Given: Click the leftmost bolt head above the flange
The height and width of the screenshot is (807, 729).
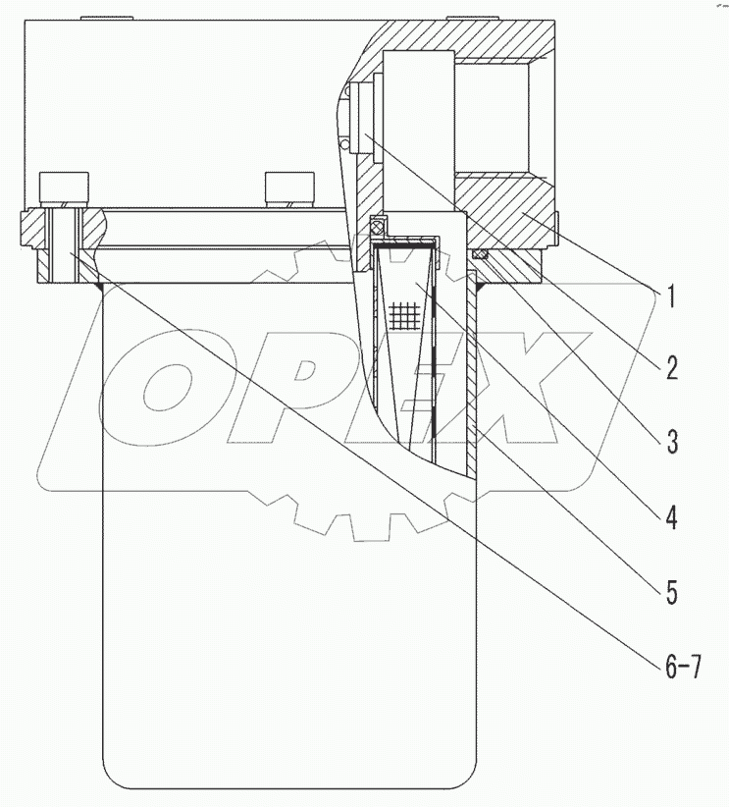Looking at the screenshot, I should [63, 187].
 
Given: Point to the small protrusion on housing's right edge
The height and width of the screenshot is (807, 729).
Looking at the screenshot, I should [556, 225].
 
